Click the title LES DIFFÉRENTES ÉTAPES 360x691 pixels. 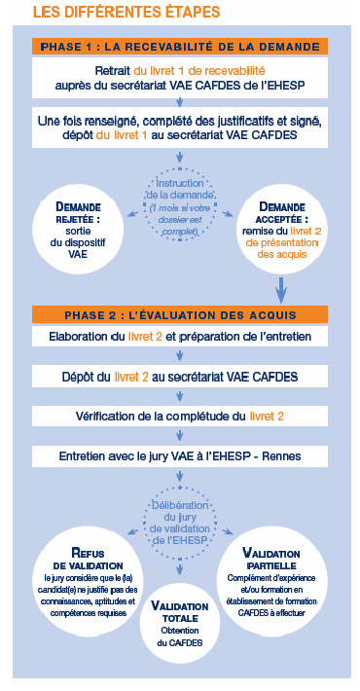coord(126,13)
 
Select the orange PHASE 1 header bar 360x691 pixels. coord(179,47)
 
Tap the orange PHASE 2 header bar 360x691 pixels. coord(179,313)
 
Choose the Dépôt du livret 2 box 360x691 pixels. coord(179,377)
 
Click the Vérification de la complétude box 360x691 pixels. coord(179,416)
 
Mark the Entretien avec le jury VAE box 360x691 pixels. coord(179,455)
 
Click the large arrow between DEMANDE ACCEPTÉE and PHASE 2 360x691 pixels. coord(282,287)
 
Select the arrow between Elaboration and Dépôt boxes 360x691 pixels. coord(179,357)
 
